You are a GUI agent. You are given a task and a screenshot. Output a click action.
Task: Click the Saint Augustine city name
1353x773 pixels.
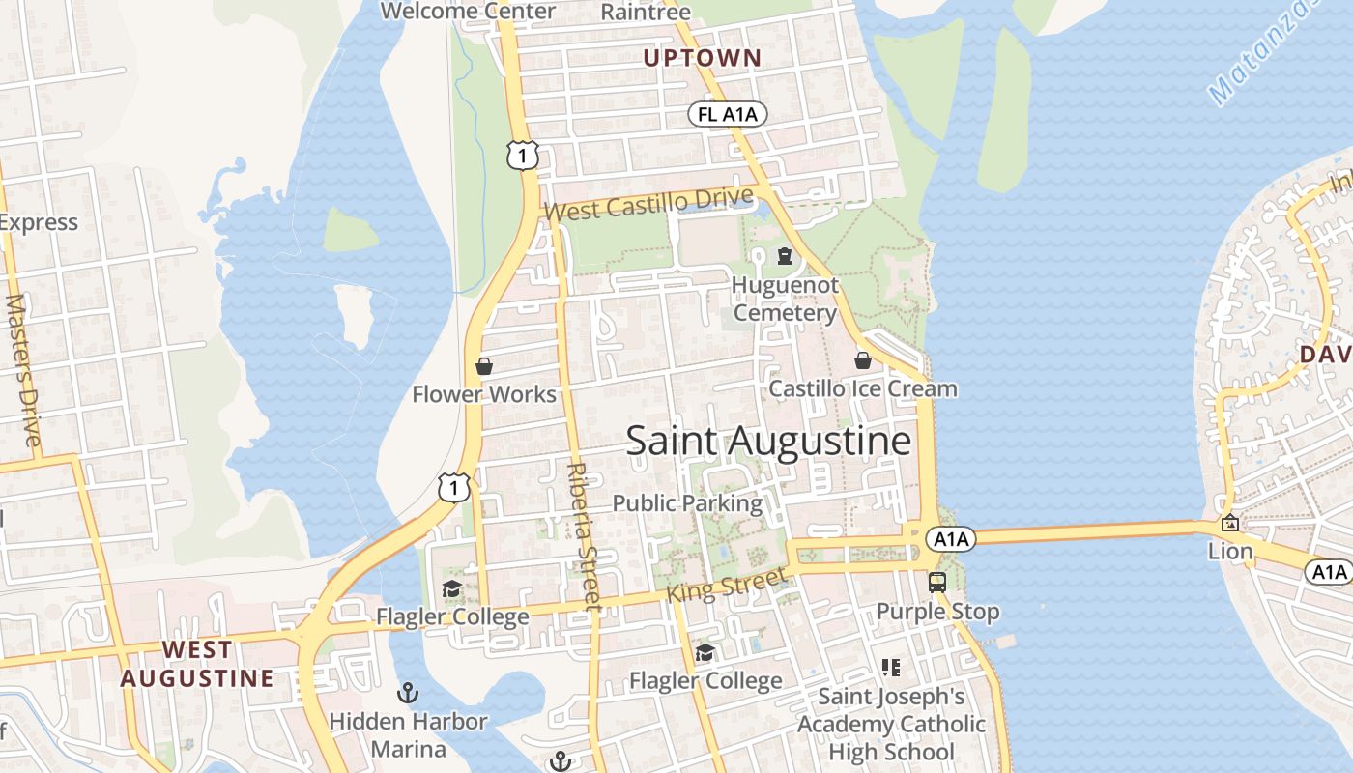[768, 441]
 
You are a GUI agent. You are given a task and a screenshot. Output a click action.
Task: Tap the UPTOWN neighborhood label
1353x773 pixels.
[703, 58]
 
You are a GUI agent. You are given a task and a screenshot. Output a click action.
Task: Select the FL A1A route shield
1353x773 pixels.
[729, 115]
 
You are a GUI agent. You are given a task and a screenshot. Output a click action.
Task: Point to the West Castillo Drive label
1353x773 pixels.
[648, 204]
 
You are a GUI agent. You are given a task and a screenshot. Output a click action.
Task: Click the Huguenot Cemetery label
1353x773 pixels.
[785, 300]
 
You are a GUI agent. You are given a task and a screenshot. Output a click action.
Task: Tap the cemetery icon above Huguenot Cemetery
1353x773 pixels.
[784, 256]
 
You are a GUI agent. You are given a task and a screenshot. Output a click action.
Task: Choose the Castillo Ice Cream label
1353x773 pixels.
[862, 388]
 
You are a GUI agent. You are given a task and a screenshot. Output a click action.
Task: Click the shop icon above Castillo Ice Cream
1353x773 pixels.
[862, 360]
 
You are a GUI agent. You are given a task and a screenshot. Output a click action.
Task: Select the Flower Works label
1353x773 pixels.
[484, 394]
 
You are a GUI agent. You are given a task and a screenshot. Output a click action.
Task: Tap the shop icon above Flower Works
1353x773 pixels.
[484, 366]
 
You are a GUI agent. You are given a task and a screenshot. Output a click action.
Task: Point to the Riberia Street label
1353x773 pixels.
[584, 536]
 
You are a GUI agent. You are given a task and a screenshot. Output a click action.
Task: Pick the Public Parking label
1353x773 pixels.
[687, 503]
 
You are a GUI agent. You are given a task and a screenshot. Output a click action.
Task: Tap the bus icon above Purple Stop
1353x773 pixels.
[936, 583]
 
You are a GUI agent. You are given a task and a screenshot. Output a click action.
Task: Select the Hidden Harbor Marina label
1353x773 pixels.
[408, 734]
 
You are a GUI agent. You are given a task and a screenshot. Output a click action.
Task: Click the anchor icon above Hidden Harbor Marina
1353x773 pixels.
[408, 693]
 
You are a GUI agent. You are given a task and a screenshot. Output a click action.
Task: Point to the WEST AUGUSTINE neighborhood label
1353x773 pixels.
[197, 664]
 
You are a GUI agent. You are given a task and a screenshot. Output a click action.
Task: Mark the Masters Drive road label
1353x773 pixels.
[22, 371]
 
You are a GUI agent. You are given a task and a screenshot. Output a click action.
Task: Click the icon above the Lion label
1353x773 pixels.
[1230, 524]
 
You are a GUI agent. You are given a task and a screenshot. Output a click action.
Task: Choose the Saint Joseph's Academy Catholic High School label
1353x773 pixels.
[891, 724]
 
